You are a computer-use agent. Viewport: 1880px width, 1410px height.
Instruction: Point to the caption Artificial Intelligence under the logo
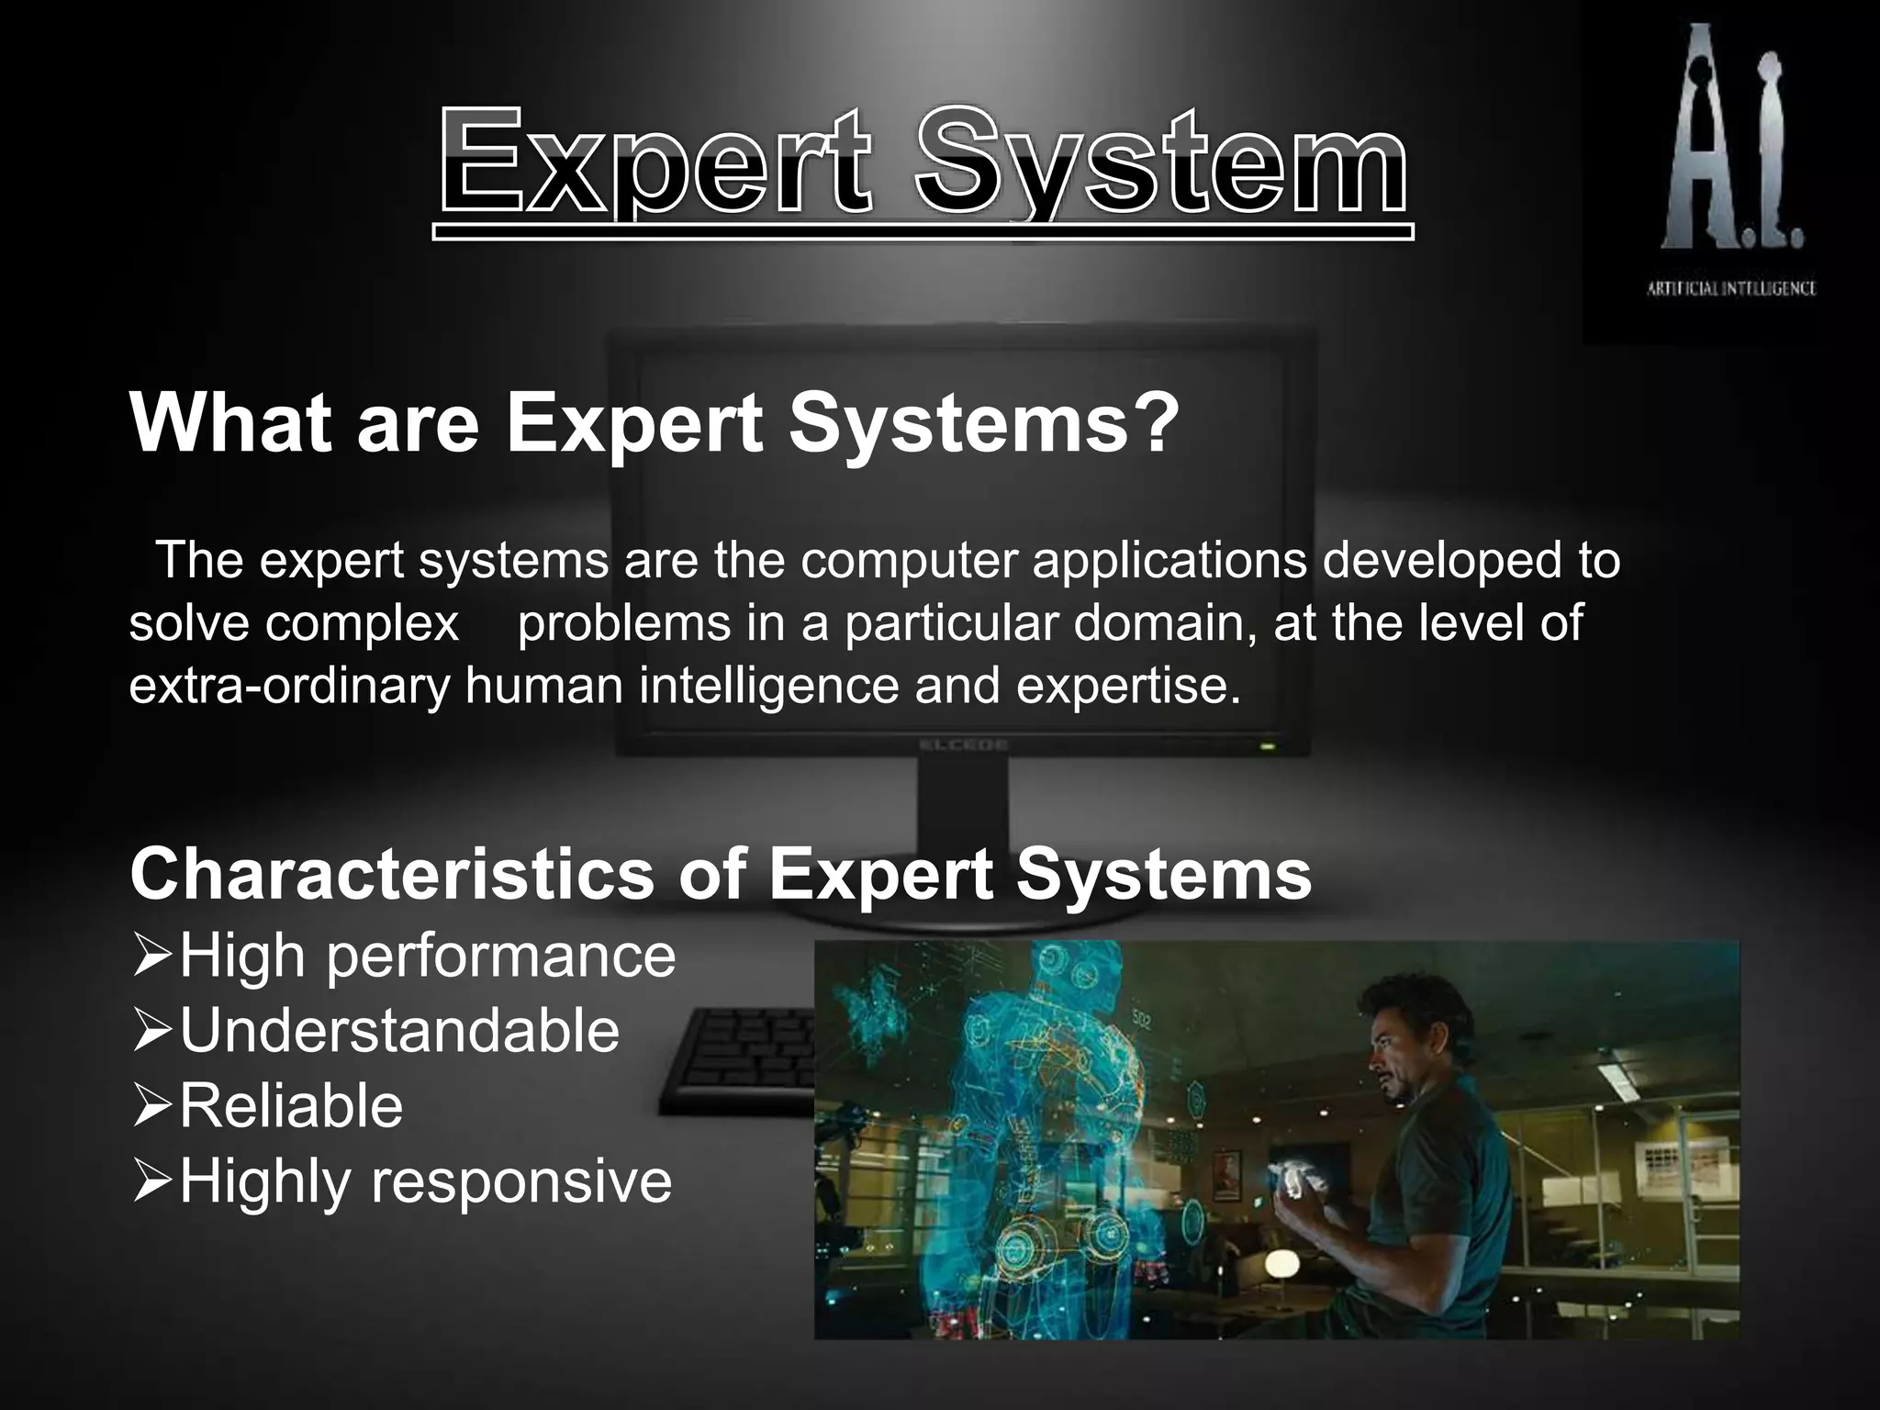click(1731, 288)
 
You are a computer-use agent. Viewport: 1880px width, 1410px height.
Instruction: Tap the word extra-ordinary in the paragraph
click(289, 686)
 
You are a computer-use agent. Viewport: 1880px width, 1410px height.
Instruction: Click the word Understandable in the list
click(399, 1030)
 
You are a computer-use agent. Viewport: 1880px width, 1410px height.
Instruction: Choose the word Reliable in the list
click(291, 1104)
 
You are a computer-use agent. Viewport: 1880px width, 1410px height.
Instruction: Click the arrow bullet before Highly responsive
click(151, 1181)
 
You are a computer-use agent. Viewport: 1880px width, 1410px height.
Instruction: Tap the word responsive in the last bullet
click(520, 1181)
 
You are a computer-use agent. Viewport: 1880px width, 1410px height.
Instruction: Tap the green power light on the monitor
click(1268, 747)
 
